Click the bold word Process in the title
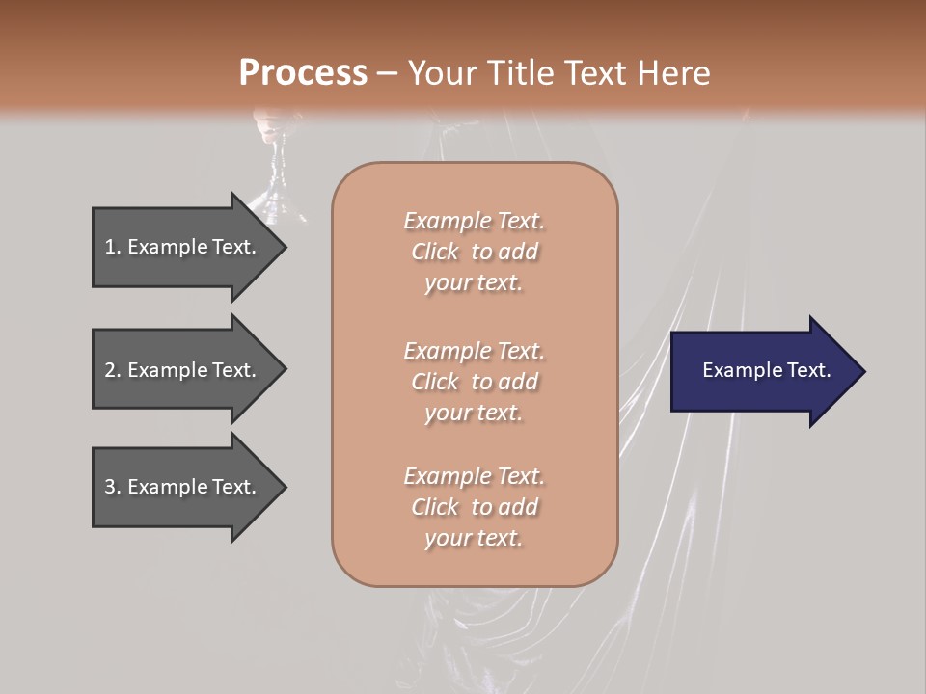coord(303,73)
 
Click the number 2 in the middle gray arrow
coord(110,370)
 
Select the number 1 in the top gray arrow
coord(110,247)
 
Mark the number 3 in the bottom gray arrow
coord(110,487)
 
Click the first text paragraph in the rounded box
coord(474,252)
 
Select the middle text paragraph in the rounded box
coord(474,382)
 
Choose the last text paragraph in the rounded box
coord(474,507)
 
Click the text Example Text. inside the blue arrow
coord(766,370)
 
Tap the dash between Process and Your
coord(387,73)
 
